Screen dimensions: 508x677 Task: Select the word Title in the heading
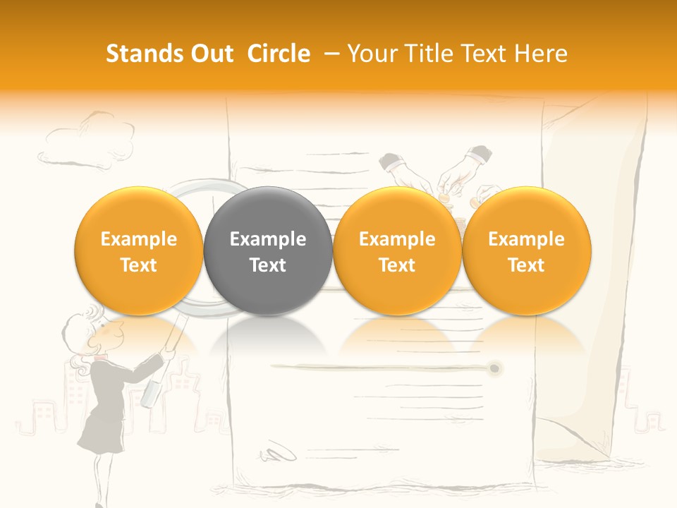430,54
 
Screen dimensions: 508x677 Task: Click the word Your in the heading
372,54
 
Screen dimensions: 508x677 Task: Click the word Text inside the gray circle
268,265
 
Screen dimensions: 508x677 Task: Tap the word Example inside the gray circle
268,239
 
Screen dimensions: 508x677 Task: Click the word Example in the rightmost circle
527,239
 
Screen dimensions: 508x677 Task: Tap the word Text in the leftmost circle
139,265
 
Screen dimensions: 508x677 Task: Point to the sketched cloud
75,141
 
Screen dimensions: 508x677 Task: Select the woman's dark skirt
99,430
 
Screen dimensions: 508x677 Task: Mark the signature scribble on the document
279,452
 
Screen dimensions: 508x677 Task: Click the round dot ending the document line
495,368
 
